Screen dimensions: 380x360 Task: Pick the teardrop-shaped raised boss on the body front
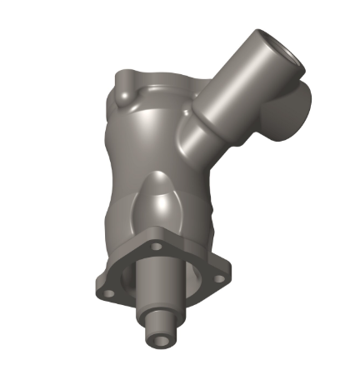pyautogui.click(x=157, y=200)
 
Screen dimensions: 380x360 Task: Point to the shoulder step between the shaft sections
pyautogui.click(x=159, y=315)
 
